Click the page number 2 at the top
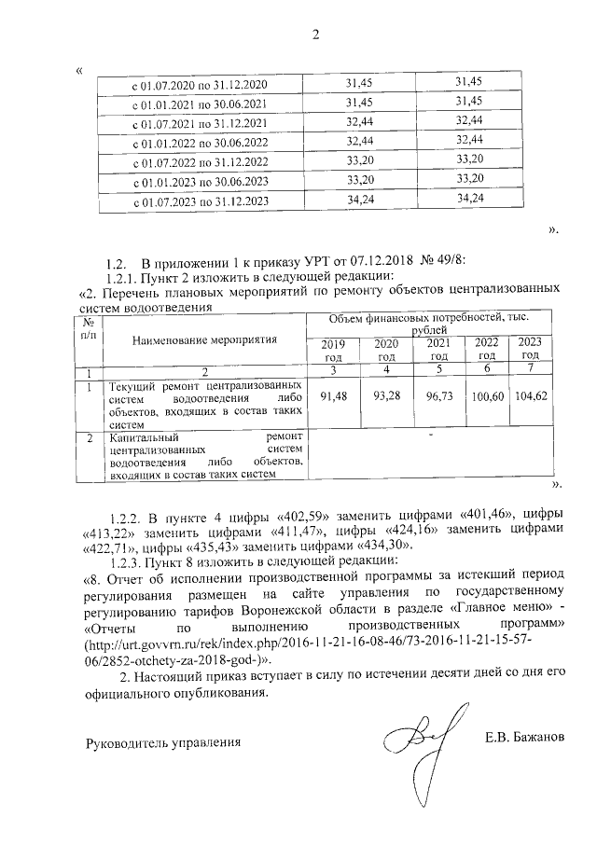(315, 35)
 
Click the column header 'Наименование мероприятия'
(205, 339)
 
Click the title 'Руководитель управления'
(163, 743)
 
